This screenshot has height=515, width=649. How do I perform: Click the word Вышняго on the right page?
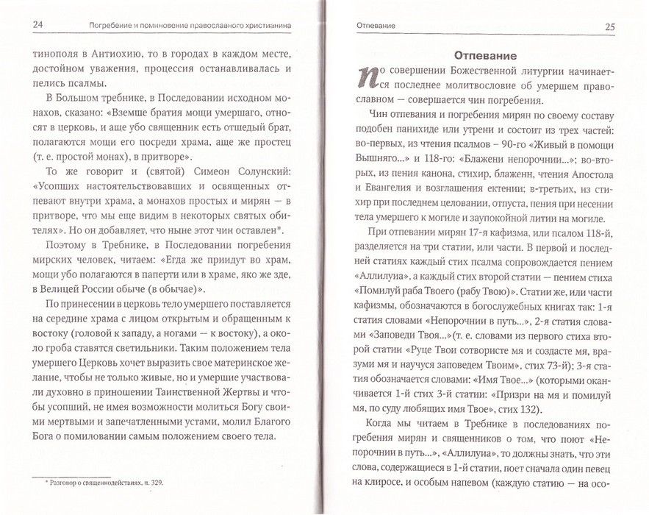[x=379, y=155]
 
